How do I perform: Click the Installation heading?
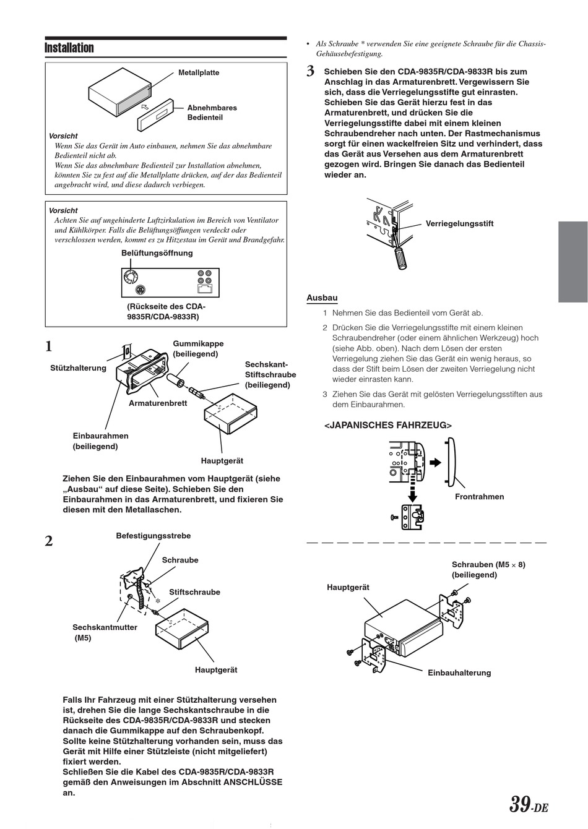click(69, 48)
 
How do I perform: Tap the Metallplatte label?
click(199, 73)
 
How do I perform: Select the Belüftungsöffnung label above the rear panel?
click(157, 253)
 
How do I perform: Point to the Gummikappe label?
click(198, 344)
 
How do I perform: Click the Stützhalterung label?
click(78, 368)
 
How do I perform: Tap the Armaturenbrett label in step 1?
click(158, 403)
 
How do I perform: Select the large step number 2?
click(49, 541)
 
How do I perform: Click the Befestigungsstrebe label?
click(153, 536)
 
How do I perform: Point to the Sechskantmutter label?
click(105, 627)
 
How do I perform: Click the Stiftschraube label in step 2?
click(194, 592)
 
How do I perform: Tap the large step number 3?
click(311, 72)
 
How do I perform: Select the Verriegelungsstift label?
click(459, 224)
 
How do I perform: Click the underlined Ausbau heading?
click(322, 298)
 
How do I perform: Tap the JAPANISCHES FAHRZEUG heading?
click(388, 426)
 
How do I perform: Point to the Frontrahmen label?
click(479, 497)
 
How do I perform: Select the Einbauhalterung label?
click(459, 673)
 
